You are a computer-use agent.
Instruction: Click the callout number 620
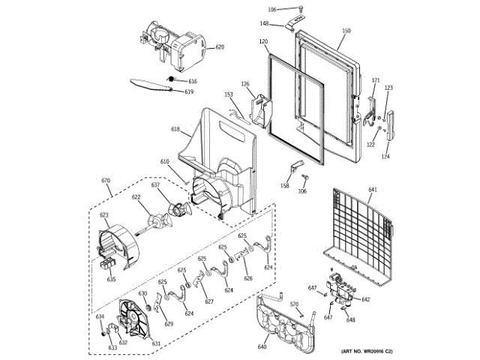(220, 47)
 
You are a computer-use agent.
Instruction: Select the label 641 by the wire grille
(373, 190)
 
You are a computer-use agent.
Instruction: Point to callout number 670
(105, 181)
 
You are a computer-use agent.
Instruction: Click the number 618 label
(175, 130)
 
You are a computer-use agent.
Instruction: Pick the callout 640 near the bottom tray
(262, 347)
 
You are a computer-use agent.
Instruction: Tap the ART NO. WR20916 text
(367, 352)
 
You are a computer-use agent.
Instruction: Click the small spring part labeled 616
(171, 79)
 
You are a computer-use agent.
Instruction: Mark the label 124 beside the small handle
(385, 157)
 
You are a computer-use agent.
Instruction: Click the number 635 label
(111, 279)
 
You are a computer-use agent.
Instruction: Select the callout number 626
(247, 278)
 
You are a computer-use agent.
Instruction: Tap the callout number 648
(350, 320)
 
